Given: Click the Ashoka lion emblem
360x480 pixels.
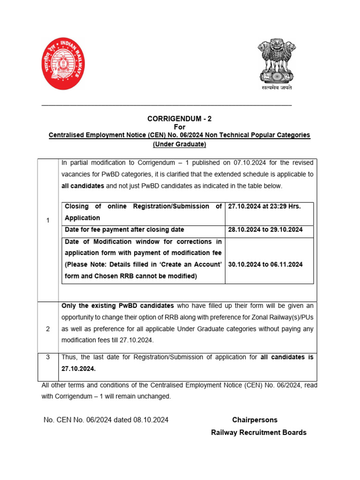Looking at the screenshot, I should coord(276,61).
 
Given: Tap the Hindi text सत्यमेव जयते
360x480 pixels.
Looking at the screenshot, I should coord(277,88).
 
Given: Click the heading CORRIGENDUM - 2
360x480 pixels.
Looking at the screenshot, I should coord(176,119).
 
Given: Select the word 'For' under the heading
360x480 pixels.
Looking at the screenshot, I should coord(180,127).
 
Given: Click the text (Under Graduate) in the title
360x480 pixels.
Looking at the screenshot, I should coord(180,144).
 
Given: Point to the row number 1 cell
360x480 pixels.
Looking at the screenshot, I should coord(48,221).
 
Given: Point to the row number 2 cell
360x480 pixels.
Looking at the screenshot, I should coord(48,329).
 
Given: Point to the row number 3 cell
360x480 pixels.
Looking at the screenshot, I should coord(48,357).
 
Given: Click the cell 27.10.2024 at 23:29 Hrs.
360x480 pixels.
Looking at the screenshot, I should coord(264,206).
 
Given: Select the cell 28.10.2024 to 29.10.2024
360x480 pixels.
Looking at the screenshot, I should coord(265,230).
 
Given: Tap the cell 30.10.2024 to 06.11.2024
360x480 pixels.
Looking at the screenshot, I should coord(265,264).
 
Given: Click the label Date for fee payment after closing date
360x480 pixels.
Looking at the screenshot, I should coord(124,230).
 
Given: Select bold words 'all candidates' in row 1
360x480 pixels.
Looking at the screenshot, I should coord(82,186).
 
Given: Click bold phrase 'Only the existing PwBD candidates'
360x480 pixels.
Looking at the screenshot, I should coord(118,306).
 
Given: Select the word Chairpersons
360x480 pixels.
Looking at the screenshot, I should coord(255,420).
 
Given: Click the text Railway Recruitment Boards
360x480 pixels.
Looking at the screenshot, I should coord(259,432).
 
